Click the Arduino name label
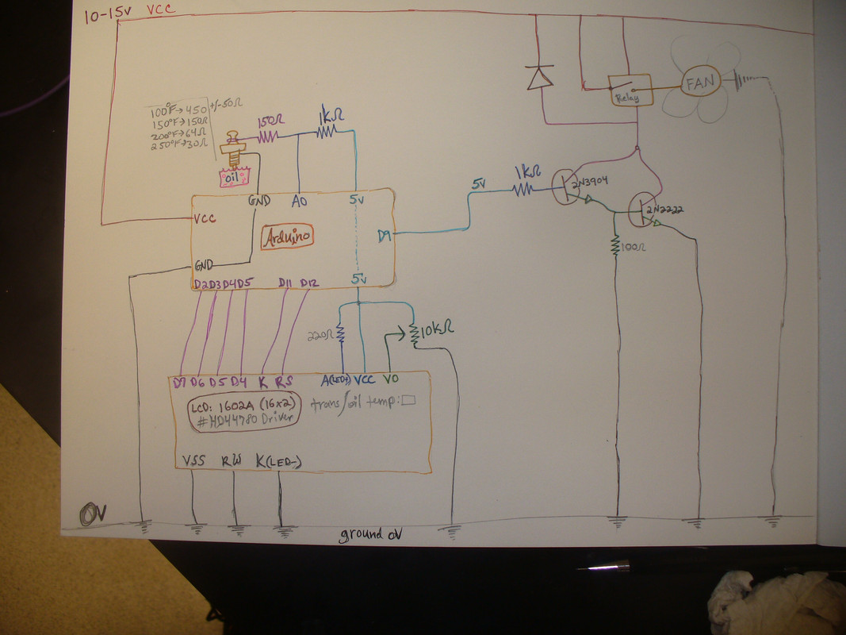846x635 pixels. pyautogui.click(x=288, y=237)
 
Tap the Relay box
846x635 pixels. pyautogui.click(x=630, y=90)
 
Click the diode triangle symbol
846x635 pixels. pyautogui.click(x=540, y=77)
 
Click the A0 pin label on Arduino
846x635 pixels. pyautogui.click(x=299, y=202)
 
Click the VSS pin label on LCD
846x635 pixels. pyautogui.click(x=193, y=460)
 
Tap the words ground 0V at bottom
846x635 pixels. pyautogui.click(x=371, y=534)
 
